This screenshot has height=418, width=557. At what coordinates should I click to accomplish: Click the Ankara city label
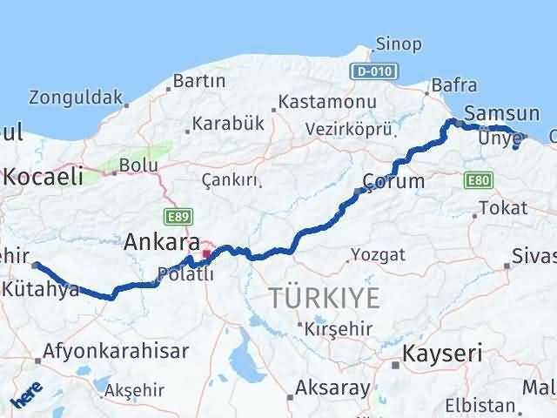pos(162,241)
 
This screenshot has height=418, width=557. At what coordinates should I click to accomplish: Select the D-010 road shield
pos(372,70)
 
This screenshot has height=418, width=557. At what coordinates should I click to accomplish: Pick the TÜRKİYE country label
pos(325,298)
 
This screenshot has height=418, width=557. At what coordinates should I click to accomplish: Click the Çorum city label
pos(396,181)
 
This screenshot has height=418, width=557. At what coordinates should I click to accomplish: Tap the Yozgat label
pos(378,255)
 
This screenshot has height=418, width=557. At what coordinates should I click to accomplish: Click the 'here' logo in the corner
pos(27,398)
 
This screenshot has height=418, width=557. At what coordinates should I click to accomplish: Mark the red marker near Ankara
pos(206,255)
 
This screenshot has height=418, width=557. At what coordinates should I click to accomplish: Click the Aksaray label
pos(333,387)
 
